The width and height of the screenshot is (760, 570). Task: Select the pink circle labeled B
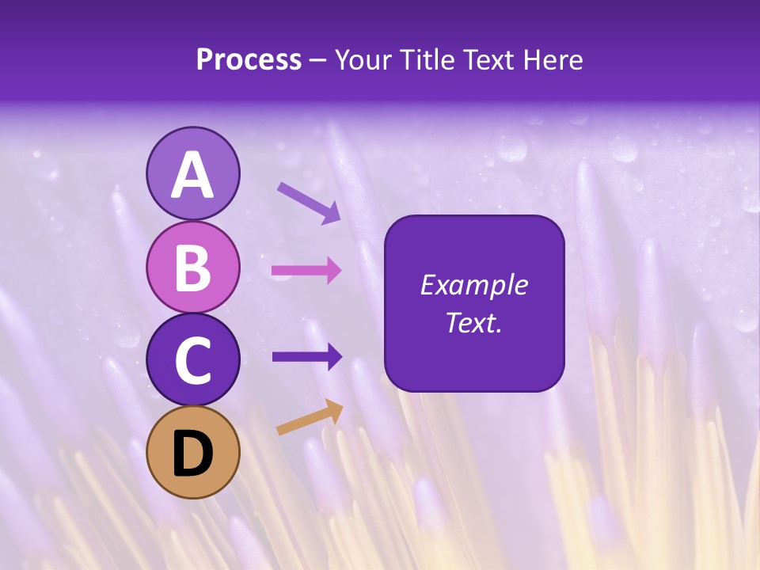point(193,267)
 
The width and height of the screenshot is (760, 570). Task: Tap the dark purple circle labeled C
point(193,360)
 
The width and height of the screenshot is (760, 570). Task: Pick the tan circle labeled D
point(193,452)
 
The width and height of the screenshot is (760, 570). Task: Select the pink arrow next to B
point(306,271)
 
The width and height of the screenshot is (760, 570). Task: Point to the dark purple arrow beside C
point(307,357)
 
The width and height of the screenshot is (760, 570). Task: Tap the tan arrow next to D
point(310,417)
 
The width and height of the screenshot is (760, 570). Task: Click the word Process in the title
point(249,60)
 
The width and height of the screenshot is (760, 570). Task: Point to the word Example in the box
point(473,285)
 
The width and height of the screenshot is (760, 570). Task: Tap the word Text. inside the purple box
point(473,322)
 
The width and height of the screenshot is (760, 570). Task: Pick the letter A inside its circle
point(193,175)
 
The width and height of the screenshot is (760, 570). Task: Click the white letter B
point(193,267)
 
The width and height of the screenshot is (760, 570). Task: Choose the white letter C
point(193,360)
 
